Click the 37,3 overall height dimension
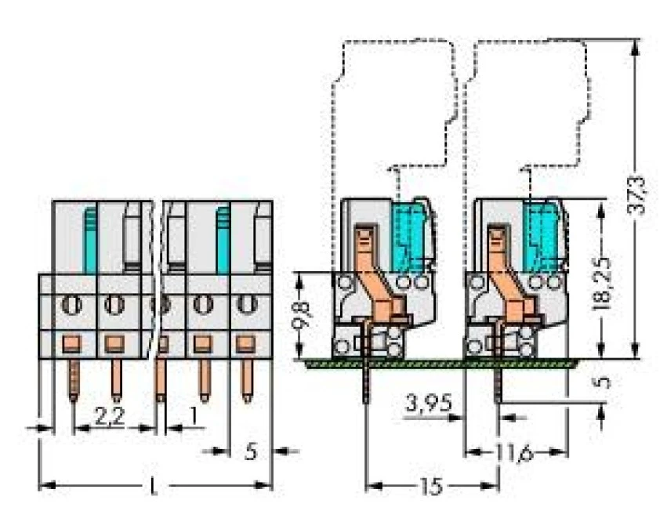[x=636, y=195]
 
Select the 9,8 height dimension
[x=302, y=316]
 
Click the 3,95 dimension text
[x=429, y=403]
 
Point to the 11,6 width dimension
[x=513, y=452]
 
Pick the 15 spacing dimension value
[x=431, y=486]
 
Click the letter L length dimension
[x=153, y=486]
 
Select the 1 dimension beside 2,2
[x=194, y=416]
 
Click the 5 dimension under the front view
[x=251, y=451]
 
